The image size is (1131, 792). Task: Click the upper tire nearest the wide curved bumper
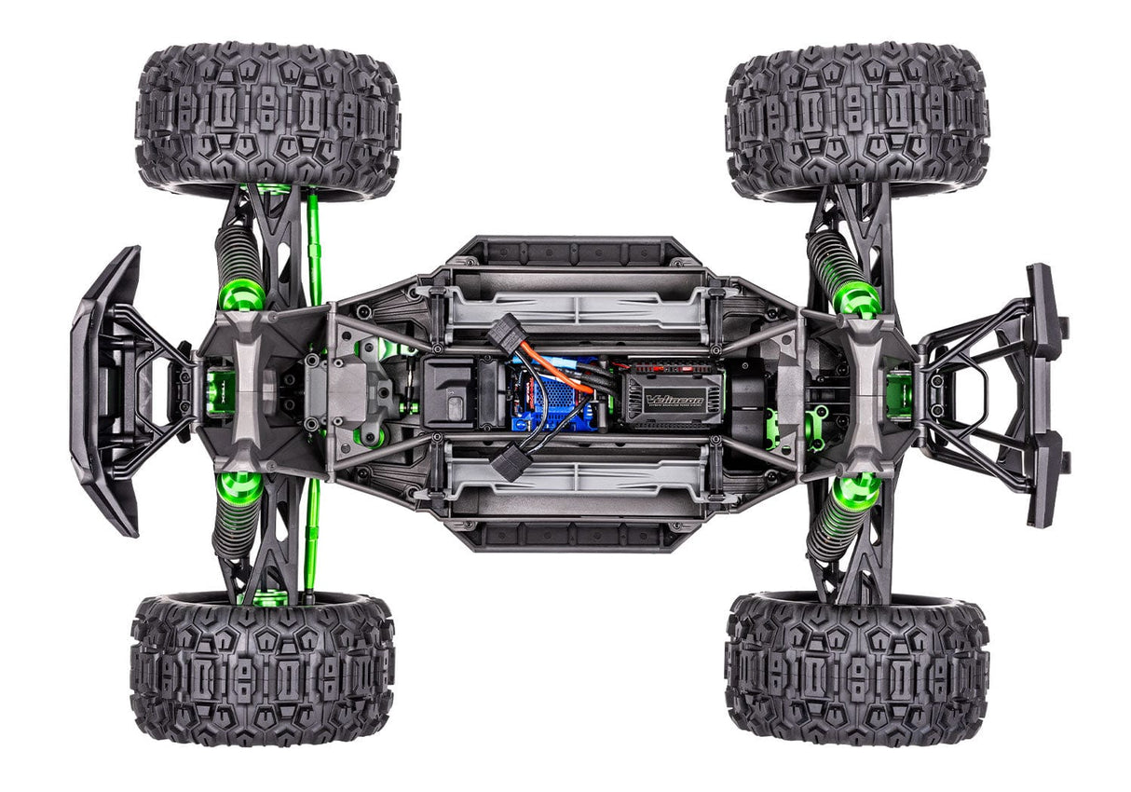click(267, 116)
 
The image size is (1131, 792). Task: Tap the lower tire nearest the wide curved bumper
click(263, 668)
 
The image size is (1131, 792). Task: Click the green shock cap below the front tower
click(239, 486)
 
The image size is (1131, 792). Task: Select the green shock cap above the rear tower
click(855, 298)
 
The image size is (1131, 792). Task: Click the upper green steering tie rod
click(314, 247)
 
